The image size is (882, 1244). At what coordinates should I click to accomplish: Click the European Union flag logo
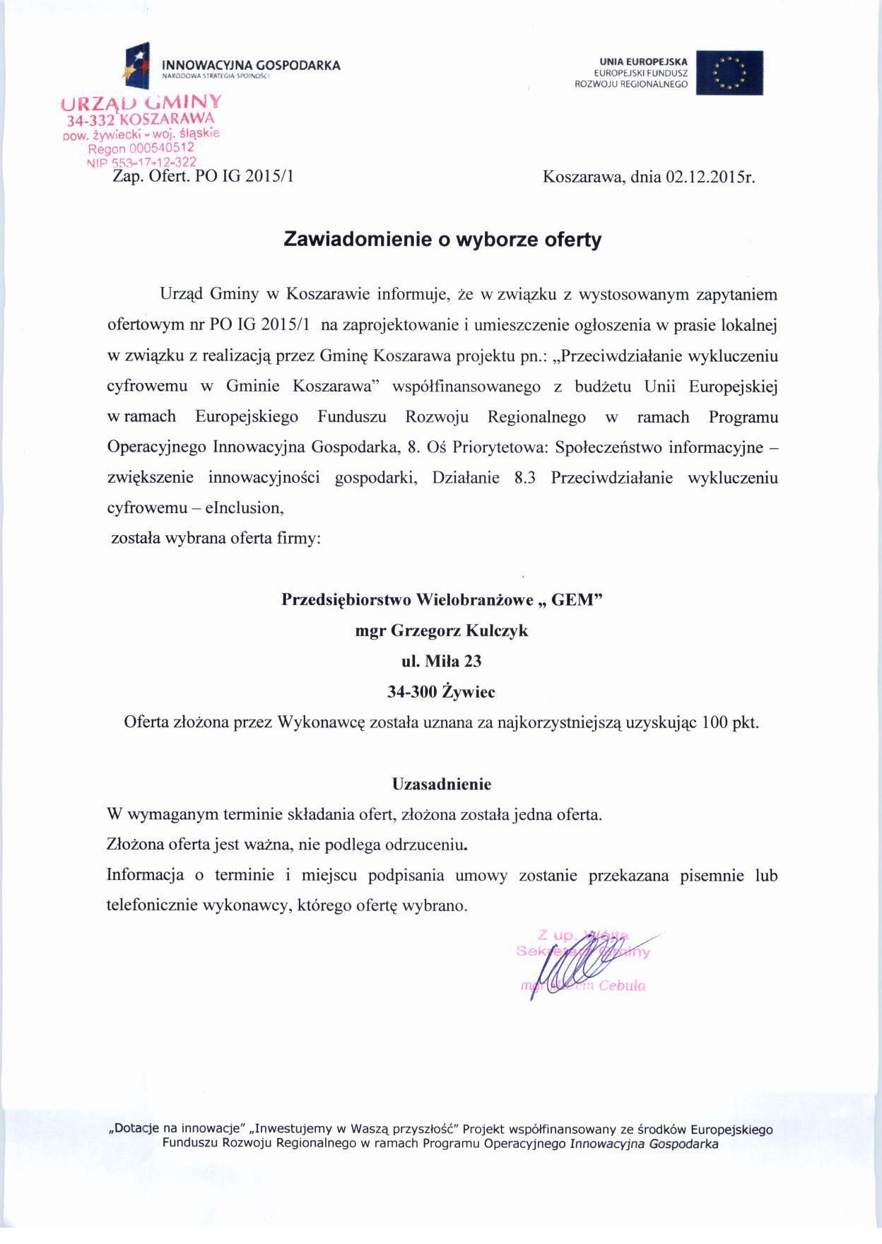(x=729, y=72)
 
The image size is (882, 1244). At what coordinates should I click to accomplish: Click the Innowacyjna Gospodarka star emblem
(x=137, y=65)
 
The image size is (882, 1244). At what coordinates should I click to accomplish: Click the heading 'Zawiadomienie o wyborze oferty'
(x=442, y=240)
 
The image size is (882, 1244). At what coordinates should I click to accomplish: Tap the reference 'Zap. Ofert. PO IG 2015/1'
(x=203, y=177)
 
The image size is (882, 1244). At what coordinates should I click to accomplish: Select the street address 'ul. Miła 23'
(x=441, y=661)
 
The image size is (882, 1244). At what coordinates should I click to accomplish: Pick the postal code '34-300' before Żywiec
(x=411, y=692)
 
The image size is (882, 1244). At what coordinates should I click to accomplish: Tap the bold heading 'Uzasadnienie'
(x=441, y=784)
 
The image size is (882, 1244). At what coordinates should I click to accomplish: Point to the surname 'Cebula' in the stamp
(x=622, y=986)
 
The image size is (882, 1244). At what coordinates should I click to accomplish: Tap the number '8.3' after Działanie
(x=524, y=478)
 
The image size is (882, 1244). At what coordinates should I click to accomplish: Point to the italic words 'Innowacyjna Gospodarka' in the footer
(x=644, y=1144)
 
